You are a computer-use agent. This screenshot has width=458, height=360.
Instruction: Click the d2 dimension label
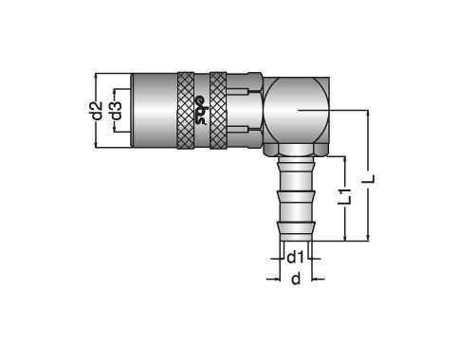(99, 111)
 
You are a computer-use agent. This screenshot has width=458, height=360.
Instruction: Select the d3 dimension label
(117, 111)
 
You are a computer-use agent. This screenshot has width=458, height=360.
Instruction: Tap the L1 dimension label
(344, 196)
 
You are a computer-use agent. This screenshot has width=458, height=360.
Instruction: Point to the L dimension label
(369, 179)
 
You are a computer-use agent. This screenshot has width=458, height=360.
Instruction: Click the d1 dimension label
(295, 258)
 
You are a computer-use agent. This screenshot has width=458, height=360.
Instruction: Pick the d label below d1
(296, 279)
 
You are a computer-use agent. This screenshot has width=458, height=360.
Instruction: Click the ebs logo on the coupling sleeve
(201, 111)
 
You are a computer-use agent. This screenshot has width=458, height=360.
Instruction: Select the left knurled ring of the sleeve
(186, 111)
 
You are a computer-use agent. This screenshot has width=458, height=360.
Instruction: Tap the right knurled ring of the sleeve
(218, 111)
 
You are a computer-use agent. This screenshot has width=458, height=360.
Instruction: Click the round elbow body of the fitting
(296, 111)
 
